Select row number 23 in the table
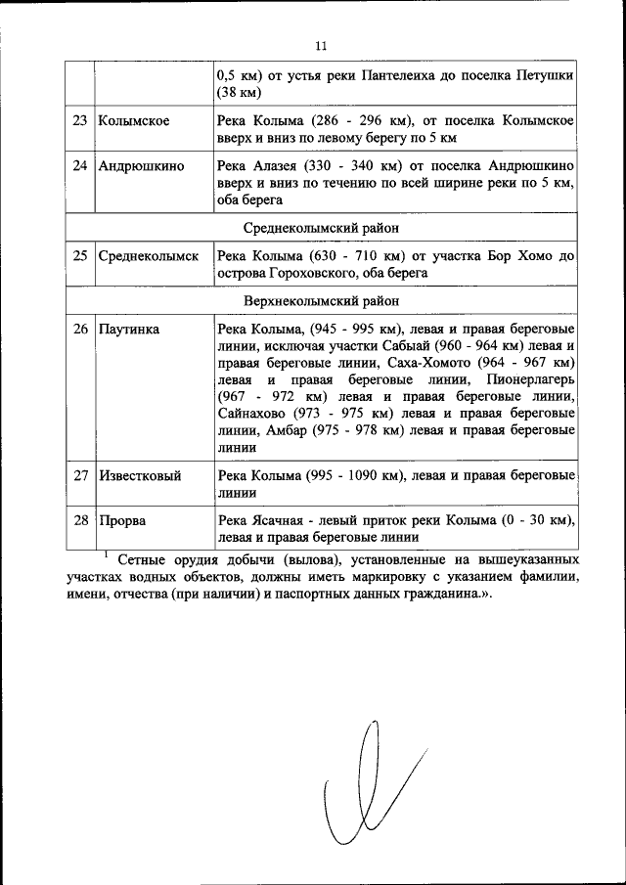[80, 121]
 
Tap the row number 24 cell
[80, 165]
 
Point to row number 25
[80, 256]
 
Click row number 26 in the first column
[80, 330]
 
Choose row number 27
[80, 476]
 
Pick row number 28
[80, 520]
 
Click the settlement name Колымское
[134, 121]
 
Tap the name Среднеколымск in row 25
[149, 256]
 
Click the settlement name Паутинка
[129, 330]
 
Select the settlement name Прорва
[122, 520]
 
